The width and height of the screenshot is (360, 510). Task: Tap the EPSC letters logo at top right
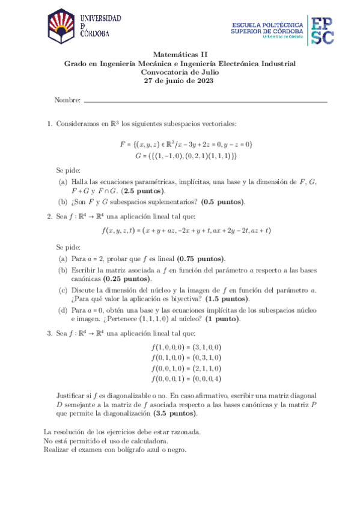(322, 29)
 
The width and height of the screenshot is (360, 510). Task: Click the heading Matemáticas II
(180, 54)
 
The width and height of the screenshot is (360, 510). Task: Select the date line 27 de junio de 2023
(180, 81)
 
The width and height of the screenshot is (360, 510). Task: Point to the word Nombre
(67, 100)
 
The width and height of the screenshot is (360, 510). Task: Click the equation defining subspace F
(186, 144)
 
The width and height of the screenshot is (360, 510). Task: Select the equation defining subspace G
(186, 155)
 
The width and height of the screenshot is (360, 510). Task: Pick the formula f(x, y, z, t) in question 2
(187, 231)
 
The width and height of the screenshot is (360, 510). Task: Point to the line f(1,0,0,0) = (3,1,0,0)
(186, 348)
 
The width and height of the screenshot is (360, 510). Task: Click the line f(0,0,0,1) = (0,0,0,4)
(186, 378)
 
